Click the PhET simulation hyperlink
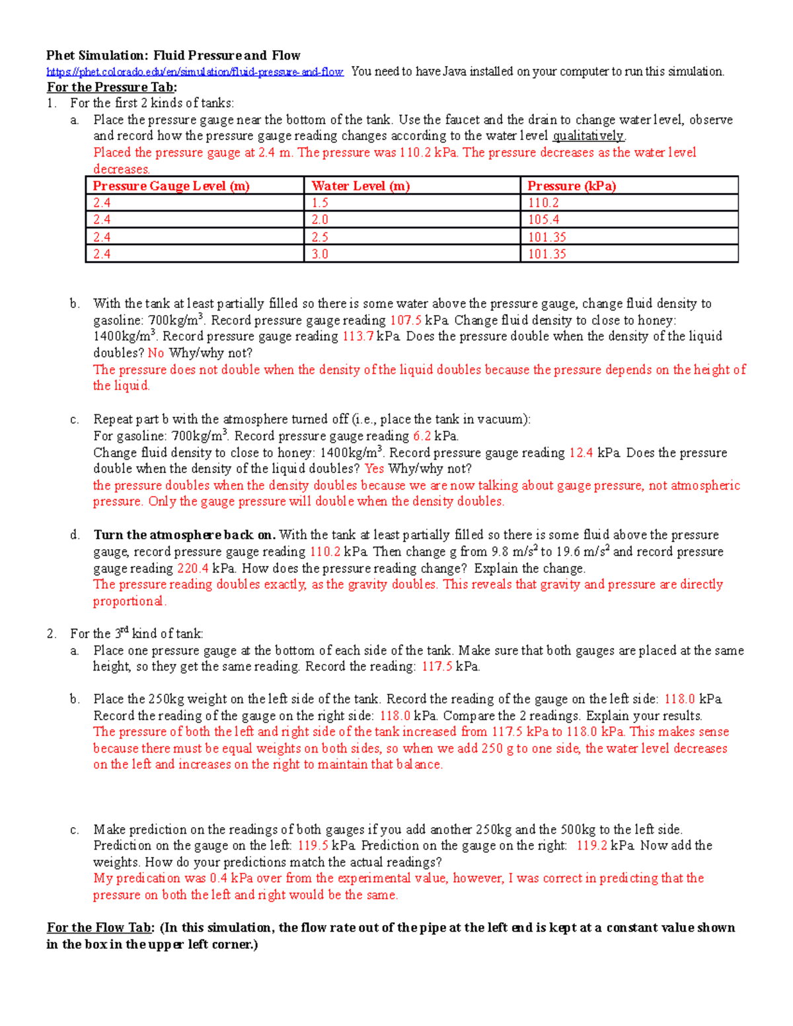(x=195, y=72)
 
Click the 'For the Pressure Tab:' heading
(x=112, y=87)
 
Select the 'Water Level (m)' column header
(x=361, y=186)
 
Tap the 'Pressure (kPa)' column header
(x=572, y=186)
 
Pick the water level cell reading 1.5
(x=320, y=203)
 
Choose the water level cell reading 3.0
(x=320, y=254)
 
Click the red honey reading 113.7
(x=358, y=336)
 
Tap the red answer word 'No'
(x=156, y=353)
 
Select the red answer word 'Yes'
(x=374, y=469)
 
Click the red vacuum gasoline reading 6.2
(x=422, y=436)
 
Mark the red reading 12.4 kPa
(x=581, y=453)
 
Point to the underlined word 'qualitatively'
(x=588, y=136)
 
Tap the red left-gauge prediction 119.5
(x=313, y=846)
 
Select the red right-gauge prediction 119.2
(x=591, y=846)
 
